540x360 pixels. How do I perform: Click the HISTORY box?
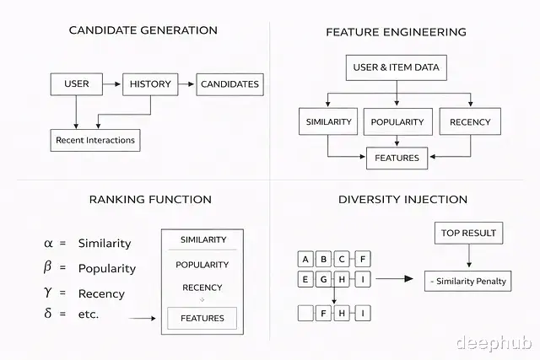pyautogui.click(x=151, y=83)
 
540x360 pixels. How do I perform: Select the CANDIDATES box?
pyautogui.click(x=229, y=83)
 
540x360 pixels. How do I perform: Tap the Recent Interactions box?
pyautogui.click(x=95, y=139)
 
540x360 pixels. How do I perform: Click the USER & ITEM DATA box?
pyautogui.click(x=395, y=67)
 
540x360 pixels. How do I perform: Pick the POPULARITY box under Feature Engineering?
pyautogui.click(x=398, y=121)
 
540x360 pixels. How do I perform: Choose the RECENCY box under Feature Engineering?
pyautogui.click(x=470, y=121)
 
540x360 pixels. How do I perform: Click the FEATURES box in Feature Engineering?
pyautogui.click(x=397, y=158)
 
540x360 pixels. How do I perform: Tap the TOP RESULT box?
pyautogui.click(x=468, y=233)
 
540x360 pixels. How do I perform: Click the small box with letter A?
pyautogui.click(x=305, y=259)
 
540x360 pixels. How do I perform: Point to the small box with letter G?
pyautogui.click(x=324, y=280)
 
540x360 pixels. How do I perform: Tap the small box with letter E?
pyautogui.click(x=305, y=280)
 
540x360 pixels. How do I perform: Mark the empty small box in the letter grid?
pyautogui.click(x=305, y=314)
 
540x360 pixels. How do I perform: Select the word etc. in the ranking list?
pyautogui.click(x=89, y=314)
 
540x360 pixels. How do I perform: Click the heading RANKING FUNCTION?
pyautogui.click(x=150, y=200)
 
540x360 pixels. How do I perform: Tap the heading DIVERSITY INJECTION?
pyautogui.click(x=402, y=200)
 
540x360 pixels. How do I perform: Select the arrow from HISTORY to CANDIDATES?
pyautogui.click(x=186, y=83)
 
